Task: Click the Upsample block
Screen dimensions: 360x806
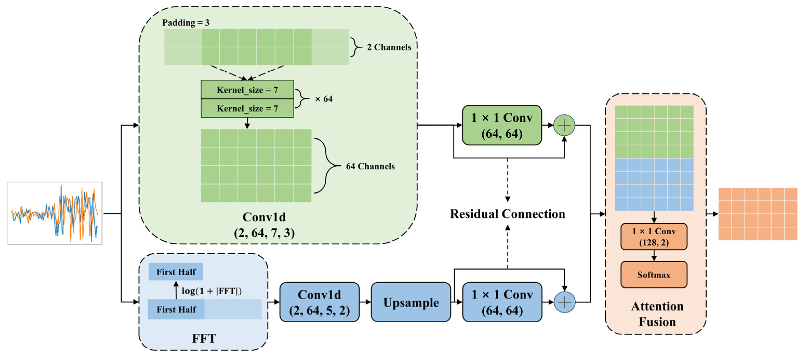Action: tap(411, 302)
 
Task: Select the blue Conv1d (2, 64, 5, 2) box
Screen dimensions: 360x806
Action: tap(319, 302)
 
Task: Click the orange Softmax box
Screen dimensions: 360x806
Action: tap(654, 275)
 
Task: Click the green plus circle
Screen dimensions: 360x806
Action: tap(564, 125)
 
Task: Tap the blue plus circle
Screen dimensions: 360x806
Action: tap(565, 302)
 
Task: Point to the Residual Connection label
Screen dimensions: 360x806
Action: tap(507, 214)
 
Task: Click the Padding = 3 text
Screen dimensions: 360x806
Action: tap(186, 23)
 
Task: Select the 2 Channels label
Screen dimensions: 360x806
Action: tap(389, 47)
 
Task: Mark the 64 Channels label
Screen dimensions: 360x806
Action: tap(370, 166)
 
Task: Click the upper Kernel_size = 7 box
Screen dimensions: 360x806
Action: tap(247, 90)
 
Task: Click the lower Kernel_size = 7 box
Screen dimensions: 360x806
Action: tap(247, 108)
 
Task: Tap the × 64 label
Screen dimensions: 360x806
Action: tap(324, 99)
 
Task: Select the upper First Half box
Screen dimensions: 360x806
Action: tap(176, 271)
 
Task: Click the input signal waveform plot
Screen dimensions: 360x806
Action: tap(55, 213)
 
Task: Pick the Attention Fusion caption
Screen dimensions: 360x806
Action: tap(657, 314)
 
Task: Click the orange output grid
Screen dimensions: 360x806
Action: tap(757, 214)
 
